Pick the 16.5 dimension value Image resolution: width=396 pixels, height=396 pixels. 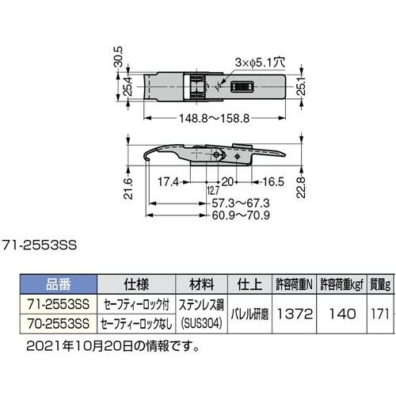point(265,179)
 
